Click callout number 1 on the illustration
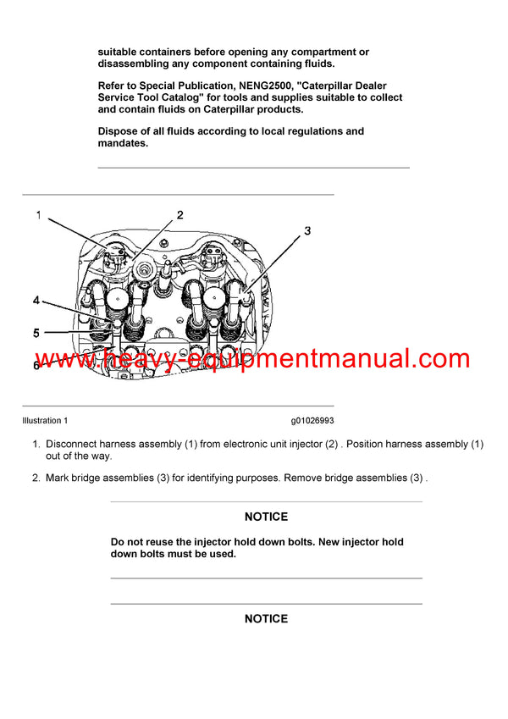click(38, 215)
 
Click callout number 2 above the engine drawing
click(179, 215)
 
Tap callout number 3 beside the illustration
click(307, 230)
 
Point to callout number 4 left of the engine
click(36, 301)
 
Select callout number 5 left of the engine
click(36, 333)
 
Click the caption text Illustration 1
click(45, 421)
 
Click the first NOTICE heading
click(266, 517)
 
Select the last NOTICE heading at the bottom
click(266, 619)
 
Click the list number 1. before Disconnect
click(36, 444)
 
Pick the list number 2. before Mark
click(36, 478)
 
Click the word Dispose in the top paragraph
click(119, 131)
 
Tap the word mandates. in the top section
click(124, 143)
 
